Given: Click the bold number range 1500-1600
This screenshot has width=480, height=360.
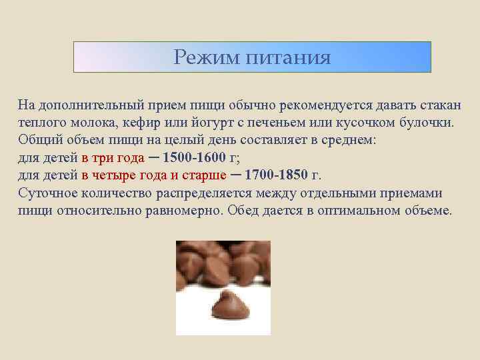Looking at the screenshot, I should tap(193, 159).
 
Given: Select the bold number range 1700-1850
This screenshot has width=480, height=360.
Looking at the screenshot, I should tap(277, 176).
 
